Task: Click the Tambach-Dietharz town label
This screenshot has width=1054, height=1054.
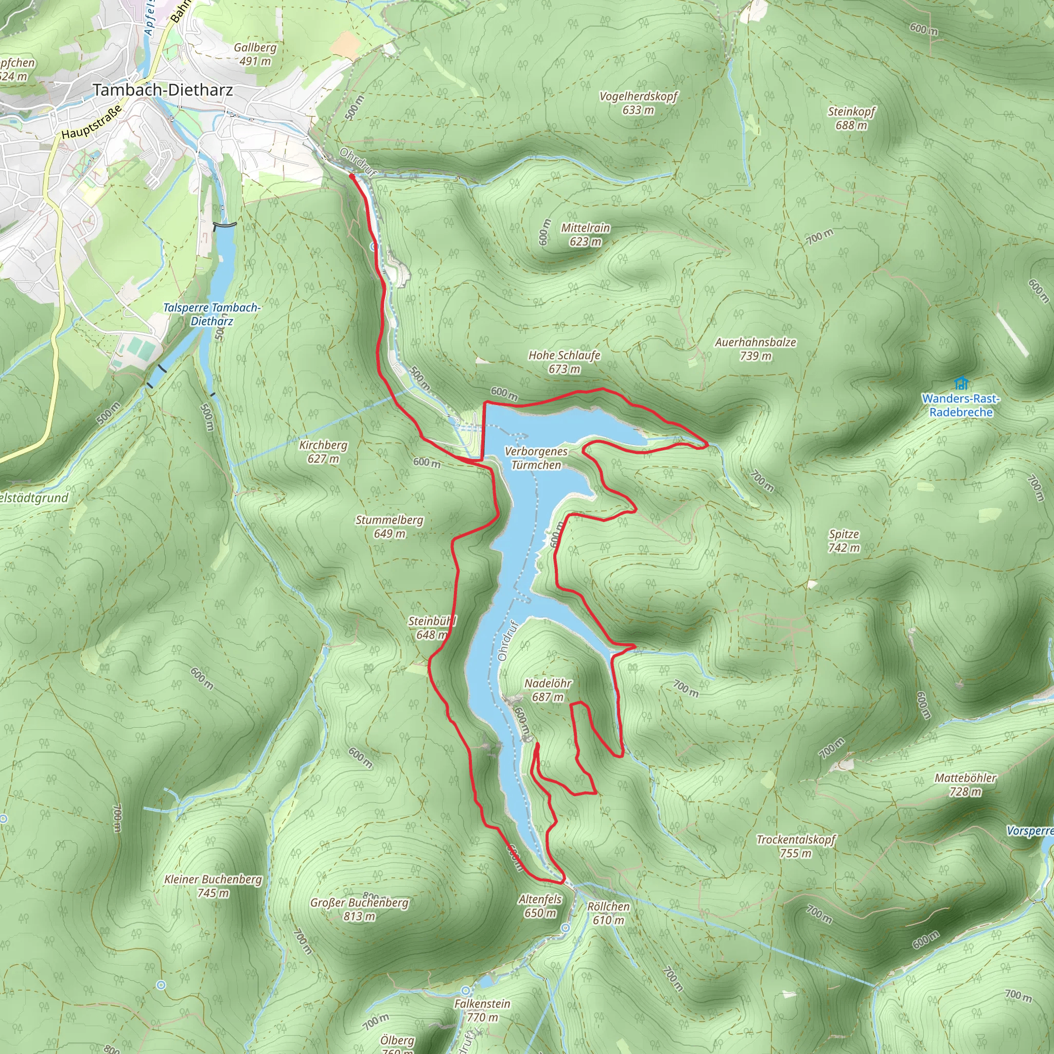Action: point(163,90)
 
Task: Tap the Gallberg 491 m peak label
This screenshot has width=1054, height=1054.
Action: point(255,54)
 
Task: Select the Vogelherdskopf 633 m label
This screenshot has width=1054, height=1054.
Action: point(638,103)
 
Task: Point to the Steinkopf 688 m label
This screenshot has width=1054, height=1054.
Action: point(851,118)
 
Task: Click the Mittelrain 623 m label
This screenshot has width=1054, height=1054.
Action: point(585,235)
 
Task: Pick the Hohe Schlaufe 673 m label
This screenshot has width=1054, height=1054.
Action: point(564,362)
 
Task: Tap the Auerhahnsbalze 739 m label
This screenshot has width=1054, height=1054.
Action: point(756,348)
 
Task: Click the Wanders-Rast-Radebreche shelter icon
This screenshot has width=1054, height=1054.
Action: point(961,383)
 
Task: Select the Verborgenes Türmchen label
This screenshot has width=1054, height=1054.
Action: point(536,458)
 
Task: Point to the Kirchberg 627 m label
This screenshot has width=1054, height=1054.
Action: point(323,452)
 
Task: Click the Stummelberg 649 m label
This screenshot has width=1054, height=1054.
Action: point(390,526)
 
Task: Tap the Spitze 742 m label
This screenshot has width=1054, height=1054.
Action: point(844,541)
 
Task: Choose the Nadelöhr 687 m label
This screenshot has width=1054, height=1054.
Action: point(548,690)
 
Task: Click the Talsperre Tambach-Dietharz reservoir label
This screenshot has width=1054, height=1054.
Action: point(212,314)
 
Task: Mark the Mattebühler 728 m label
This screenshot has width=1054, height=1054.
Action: point(965,784)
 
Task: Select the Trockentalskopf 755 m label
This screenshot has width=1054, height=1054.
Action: point(796,846)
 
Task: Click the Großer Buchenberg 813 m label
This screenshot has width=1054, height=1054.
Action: point(359,909)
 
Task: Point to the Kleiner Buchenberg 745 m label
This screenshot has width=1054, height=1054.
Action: point(213,886)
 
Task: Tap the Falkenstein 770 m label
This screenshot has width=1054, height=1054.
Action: point(482,1010)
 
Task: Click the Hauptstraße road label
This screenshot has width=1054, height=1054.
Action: point(91,124)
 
